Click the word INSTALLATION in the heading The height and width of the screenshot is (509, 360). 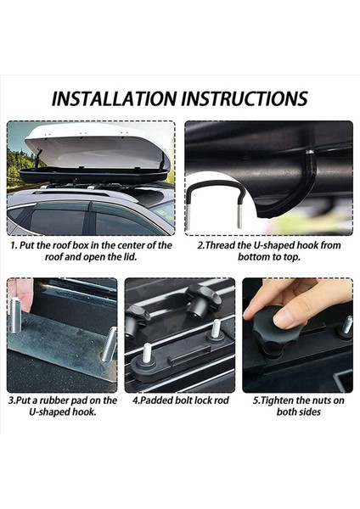115,98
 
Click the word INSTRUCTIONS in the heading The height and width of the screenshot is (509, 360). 245,98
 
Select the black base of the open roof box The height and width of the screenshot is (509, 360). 93,176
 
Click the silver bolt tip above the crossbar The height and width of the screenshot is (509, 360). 310,151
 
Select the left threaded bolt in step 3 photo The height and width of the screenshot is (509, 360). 15,316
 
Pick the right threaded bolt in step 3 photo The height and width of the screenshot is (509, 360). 110,344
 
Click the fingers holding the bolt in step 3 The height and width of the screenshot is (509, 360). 20,292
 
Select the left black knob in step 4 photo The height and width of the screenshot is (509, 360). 137,320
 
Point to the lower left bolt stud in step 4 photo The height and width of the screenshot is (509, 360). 147,353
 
